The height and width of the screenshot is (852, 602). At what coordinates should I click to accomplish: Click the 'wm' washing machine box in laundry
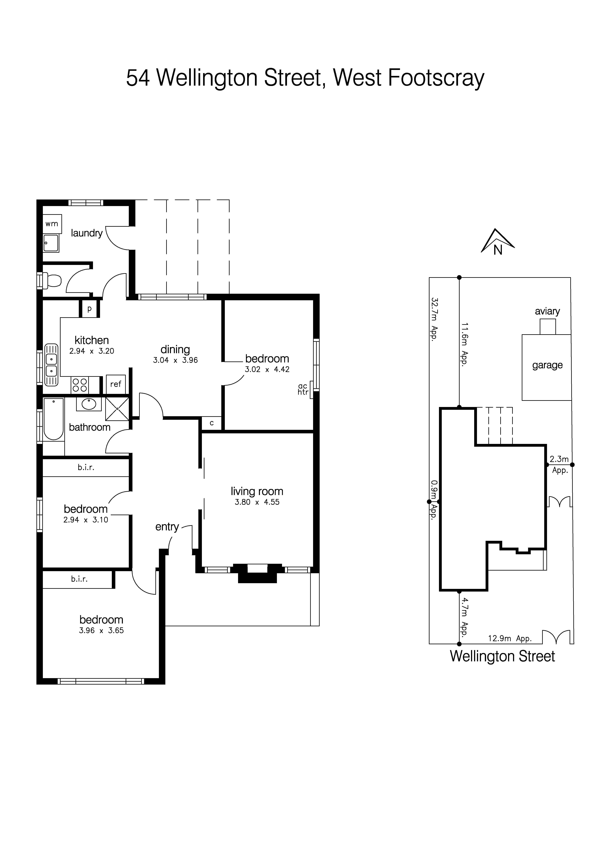point(52,224)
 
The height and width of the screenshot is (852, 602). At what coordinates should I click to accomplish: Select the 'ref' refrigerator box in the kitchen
point(116,384)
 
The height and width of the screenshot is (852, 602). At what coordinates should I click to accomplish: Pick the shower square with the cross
point(117,409)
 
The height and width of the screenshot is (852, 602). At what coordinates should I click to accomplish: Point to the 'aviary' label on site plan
point(547,311)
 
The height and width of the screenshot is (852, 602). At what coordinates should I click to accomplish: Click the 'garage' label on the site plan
point(547,365)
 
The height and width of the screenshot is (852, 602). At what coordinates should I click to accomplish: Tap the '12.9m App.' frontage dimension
point(510,638)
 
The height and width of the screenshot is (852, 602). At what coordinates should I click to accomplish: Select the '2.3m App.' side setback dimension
point(559,464)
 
